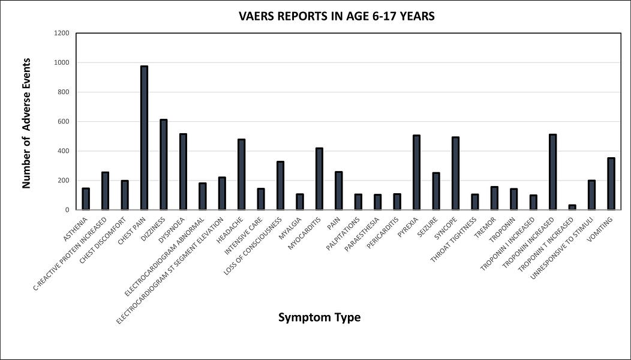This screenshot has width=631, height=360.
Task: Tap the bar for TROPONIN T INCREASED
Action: tap(572, 207)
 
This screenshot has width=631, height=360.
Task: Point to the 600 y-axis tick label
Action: tap(64, 121)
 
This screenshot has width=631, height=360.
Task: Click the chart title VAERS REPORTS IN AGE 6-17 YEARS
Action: tap(336, 17)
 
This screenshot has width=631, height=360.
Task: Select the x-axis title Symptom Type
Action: tap(319, 317)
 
